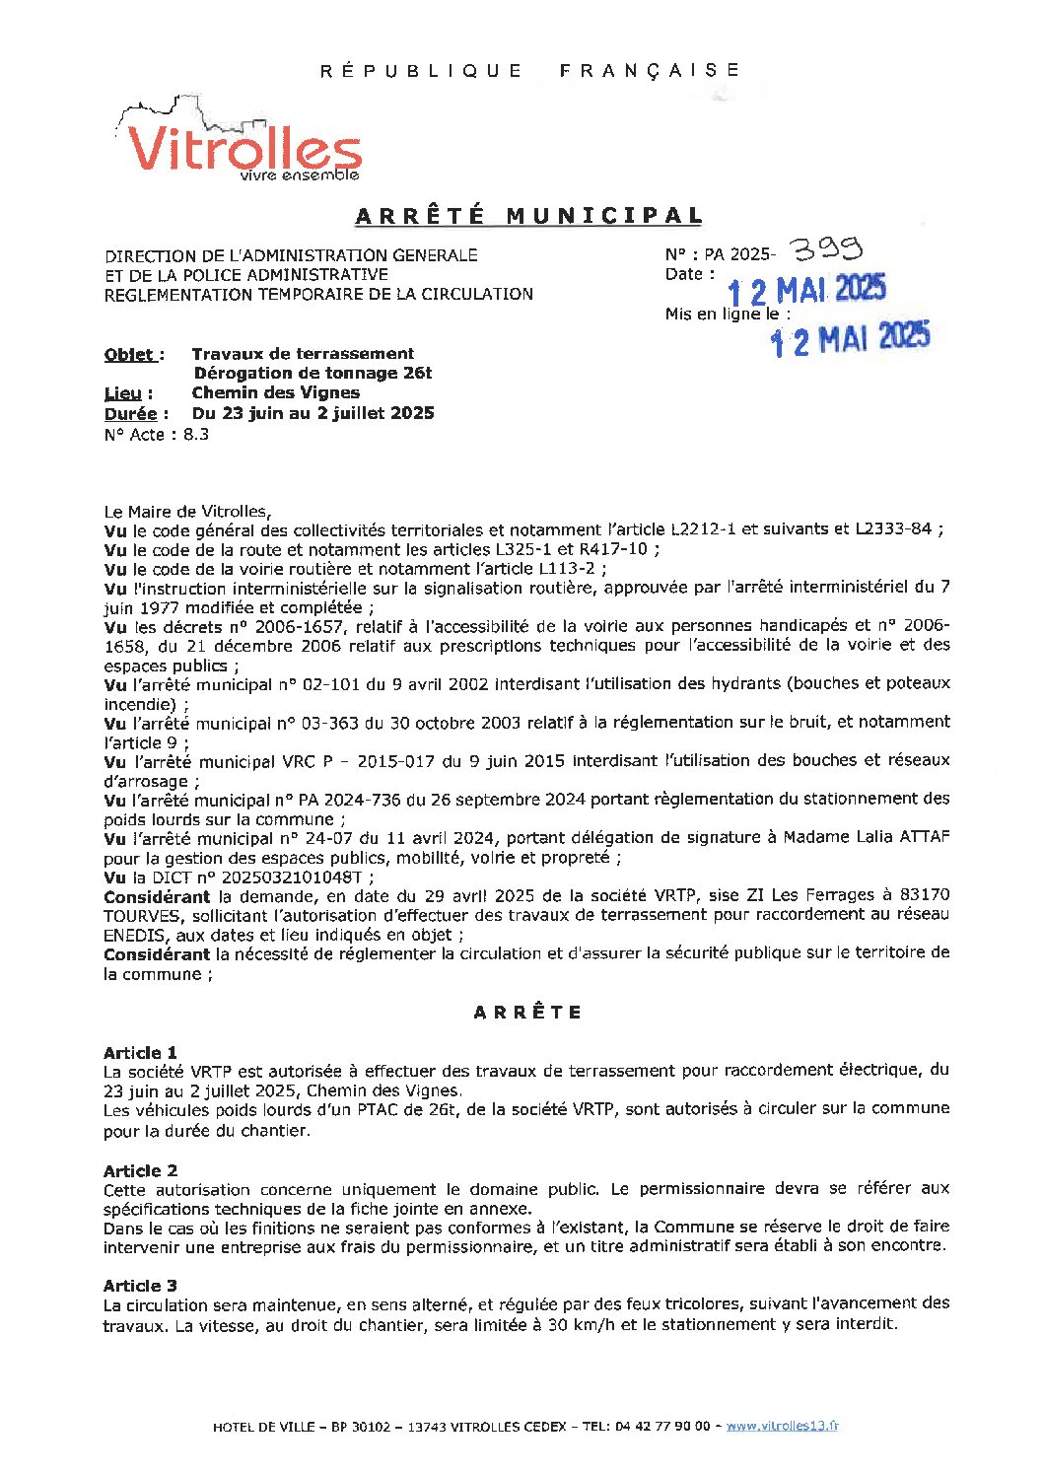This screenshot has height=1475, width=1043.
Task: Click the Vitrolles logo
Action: point(242,144)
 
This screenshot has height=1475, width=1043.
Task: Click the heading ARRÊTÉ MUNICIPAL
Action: point(528,216)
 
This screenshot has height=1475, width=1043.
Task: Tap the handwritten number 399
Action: point(827,247)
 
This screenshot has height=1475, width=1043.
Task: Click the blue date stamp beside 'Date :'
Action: point(805,290)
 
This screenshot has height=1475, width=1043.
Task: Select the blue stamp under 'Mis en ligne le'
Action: point(849,339)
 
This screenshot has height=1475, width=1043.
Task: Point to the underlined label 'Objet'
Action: point(129,355)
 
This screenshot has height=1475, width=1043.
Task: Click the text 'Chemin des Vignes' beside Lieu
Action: point(275,392)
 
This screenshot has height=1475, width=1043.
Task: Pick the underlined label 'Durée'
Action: point(130,414)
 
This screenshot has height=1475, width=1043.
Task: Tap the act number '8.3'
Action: point(195,435)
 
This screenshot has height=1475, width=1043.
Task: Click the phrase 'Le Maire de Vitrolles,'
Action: point(186,511)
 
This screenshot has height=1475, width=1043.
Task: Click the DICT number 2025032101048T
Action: point(296,877)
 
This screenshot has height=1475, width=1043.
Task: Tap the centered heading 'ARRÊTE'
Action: point(527,1013)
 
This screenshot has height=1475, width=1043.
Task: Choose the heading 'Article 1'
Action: point(140,1052)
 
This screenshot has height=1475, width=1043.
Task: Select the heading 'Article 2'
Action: point(140,1170)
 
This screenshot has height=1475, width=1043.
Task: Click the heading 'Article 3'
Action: point(140,1286)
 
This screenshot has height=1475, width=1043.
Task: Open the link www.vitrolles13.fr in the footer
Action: point(782,1426)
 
